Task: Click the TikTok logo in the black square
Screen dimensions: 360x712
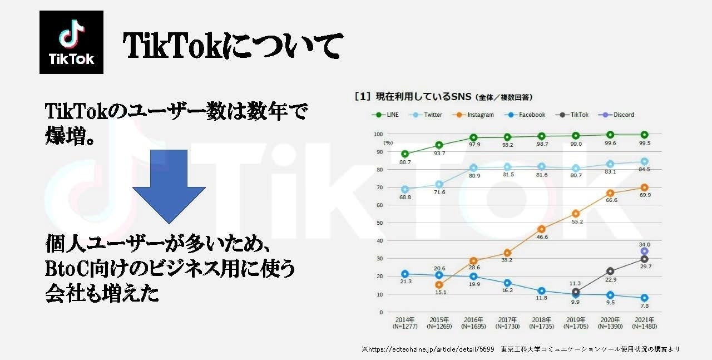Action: [71, 42]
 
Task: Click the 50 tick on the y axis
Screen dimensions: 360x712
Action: [380, 223]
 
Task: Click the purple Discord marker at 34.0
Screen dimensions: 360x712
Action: [644, 251]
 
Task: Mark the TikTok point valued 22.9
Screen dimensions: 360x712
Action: [611, 271]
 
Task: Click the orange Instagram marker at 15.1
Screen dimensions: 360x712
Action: [439, 285]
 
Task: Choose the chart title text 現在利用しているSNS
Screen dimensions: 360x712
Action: [423, 96]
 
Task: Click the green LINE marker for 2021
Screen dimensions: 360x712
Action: [644, 135]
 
